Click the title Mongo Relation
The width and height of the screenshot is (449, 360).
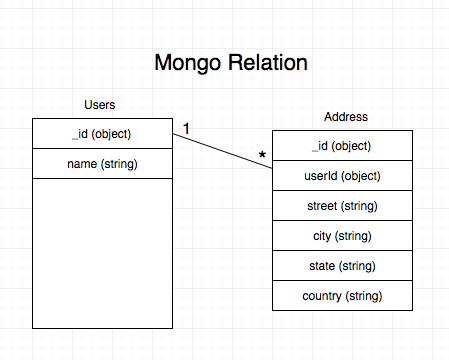230,62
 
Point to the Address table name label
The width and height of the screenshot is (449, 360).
347,117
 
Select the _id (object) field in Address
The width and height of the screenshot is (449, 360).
342,146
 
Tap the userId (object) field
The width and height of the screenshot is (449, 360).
342,176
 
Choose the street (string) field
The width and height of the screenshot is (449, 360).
342,206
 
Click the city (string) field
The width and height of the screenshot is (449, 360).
342,236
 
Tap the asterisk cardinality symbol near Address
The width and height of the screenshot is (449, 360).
262,156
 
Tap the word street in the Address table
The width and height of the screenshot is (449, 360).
323,206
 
